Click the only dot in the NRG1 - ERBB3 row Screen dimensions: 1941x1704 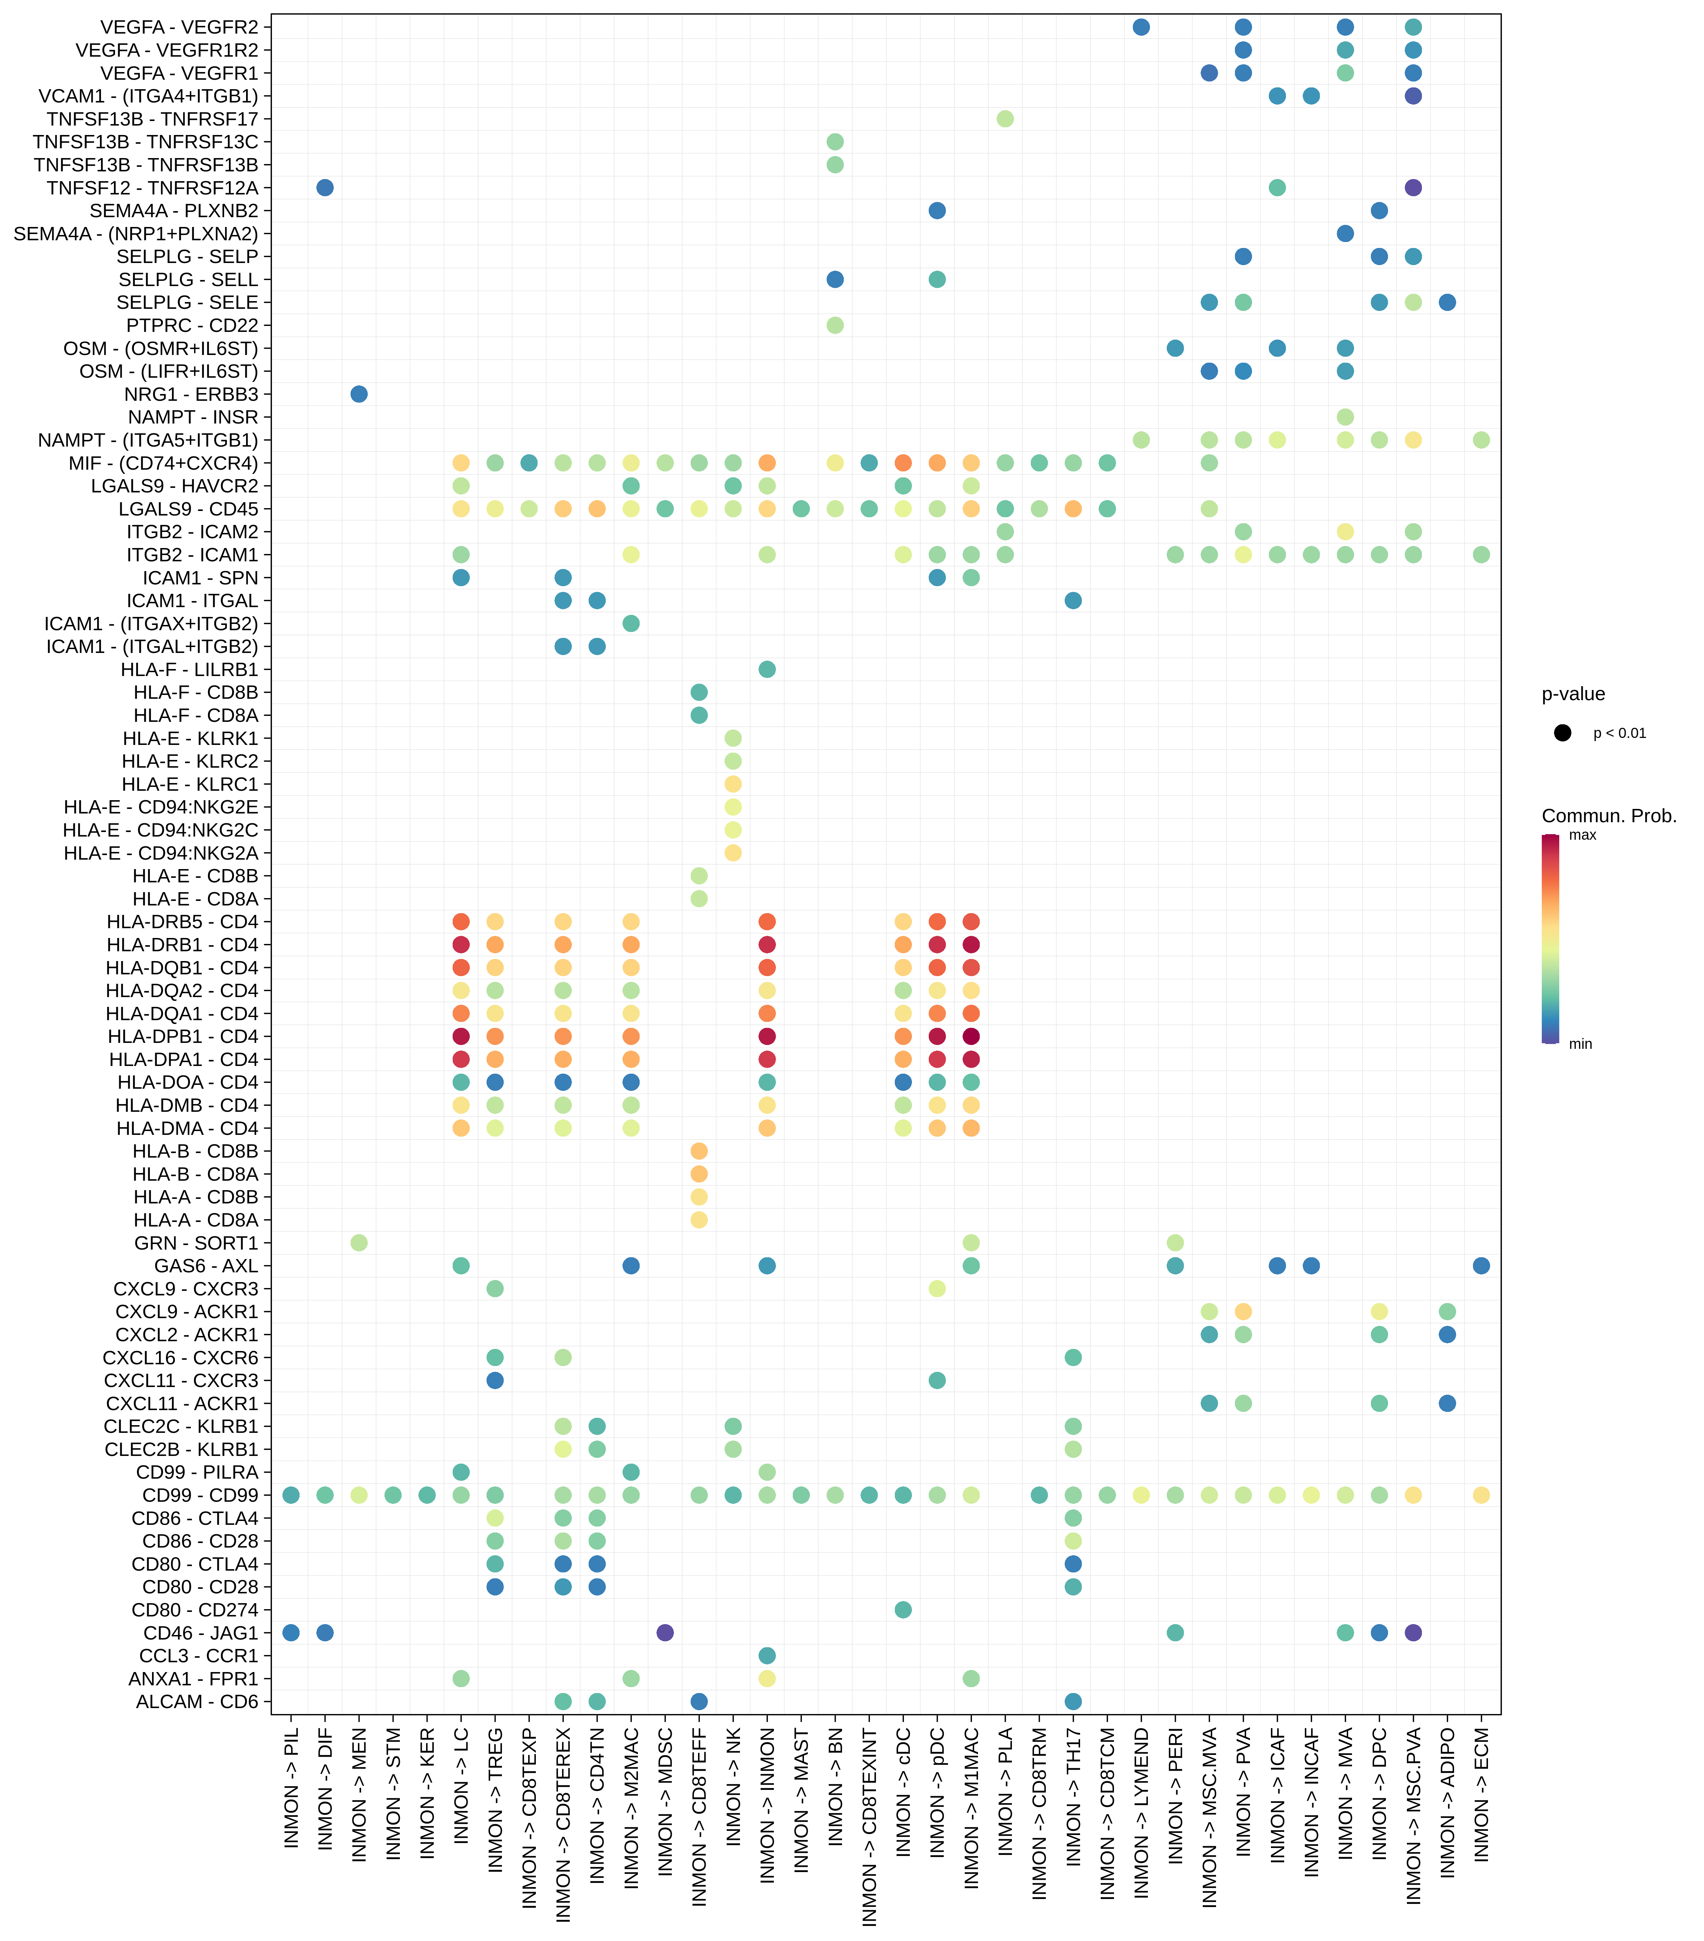click(359, 394)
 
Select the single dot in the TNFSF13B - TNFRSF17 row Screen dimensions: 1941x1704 click(1005, 119)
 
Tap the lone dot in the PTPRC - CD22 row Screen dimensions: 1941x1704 click(835, 325)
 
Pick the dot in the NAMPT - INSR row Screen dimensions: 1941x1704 click(1345, 417)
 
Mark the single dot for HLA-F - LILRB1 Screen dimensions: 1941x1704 click(767, 669)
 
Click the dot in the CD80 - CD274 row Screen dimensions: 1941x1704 click(903, 1609)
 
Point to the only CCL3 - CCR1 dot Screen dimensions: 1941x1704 click(767, 1655)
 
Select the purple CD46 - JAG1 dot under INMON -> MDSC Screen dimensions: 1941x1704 click(666, 1633)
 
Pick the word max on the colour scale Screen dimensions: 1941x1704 click(1582, 836)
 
